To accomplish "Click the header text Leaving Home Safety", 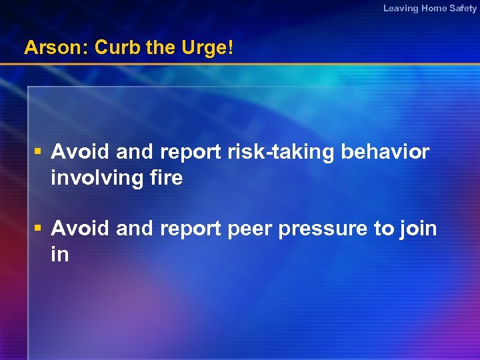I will tap(429, 9).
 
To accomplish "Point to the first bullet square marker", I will tap(40, 153).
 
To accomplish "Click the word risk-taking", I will tap(283, 153).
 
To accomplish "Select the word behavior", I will tap(385, 153).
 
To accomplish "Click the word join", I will tap(419, 229).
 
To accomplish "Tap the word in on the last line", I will tap(59, 255).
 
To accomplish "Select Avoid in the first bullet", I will tap(81, 153).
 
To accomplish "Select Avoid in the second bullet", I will tap(81, 229).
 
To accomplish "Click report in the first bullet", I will tap(189, 153).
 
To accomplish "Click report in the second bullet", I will tap(189, 229).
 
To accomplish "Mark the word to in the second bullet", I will tap(384, 229).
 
